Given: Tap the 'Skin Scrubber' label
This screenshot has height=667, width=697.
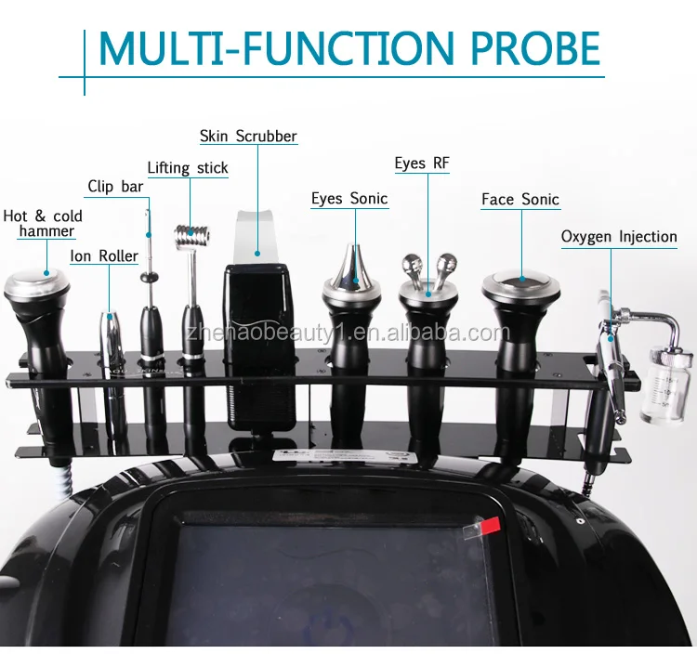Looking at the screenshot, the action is coord(248,136).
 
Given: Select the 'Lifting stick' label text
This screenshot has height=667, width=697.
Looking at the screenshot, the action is coord(188,168).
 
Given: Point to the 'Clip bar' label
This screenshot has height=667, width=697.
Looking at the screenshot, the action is coord(115,187).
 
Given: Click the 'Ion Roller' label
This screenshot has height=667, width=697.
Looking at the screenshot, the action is coord(104,256).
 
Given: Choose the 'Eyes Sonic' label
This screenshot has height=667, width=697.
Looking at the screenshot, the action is coord(349,198).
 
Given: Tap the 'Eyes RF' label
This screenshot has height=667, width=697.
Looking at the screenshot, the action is coord(422,163).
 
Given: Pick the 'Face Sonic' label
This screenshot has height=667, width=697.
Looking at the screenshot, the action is coord(520,200).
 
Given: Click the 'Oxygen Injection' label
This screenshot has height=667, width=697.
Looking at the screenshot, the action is coord(619,237).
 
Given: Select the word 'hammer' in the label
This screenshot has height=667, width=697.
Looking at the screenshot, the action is coord(46,231).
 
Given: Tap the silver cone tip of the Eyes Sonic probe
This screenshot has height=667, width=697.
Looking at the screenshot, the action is coord(352,268).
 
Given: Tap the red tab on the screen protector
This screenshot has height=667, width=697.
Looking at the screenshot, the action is coord(490,525).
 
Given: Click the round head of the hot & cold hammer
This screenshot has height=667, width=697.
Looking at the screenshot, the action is coord(37,287).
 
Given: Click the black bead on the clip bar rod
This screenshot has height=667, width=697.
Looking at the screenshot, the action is coord(150,278).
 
